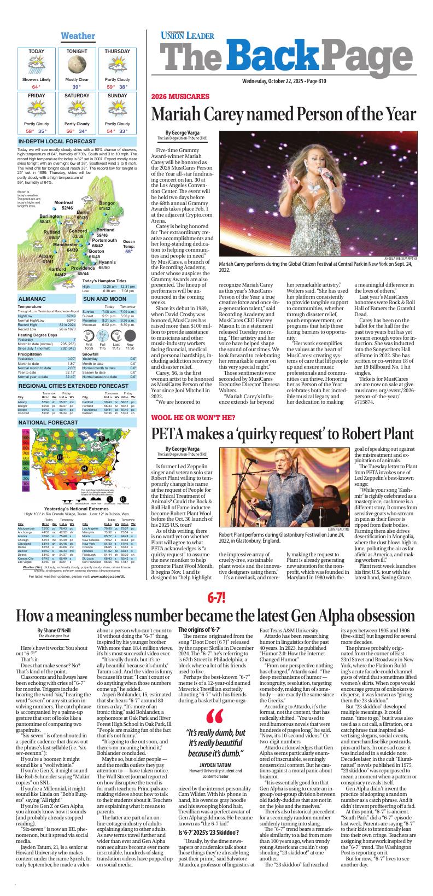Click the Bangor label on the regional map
107,203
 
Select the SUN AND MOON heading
104,299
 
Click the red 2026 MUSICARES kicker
180,97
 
